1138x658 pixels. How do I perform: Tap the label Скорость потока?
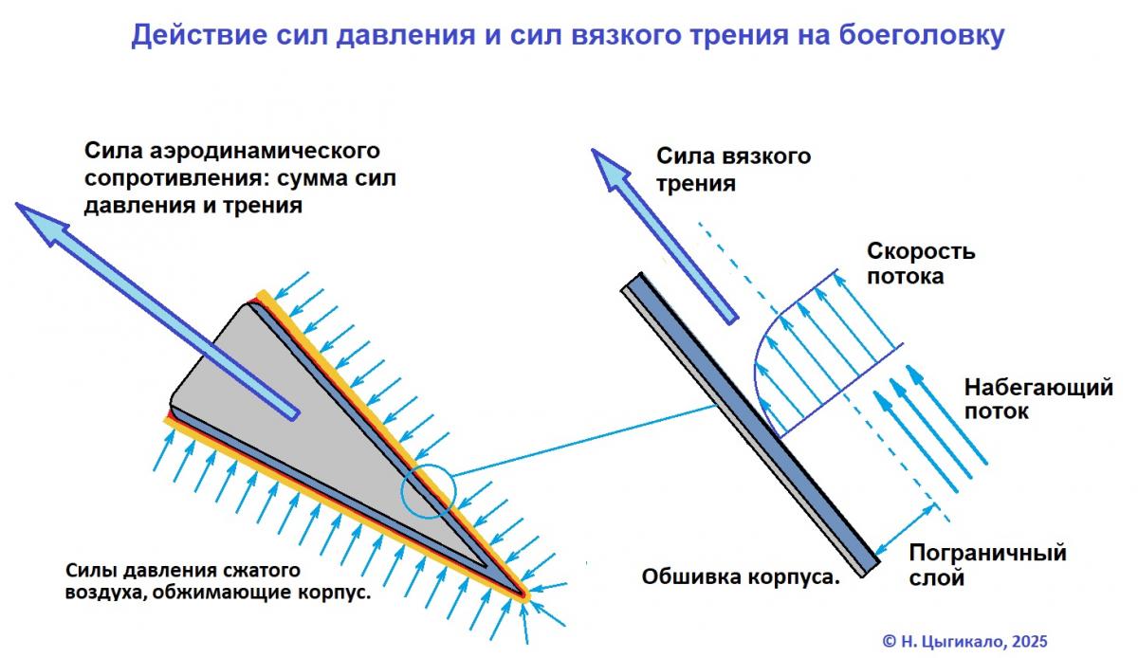921,264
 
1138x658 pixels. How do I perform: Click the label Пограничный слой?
987,564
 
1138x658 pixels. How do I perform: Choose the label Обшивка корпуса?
742,576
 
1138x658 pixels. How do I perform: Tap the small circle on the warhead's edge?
428,494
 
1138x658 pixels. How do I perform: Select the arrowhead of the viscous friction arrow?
612,171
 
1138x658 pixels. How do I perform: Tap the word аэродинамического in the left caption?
284,152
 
